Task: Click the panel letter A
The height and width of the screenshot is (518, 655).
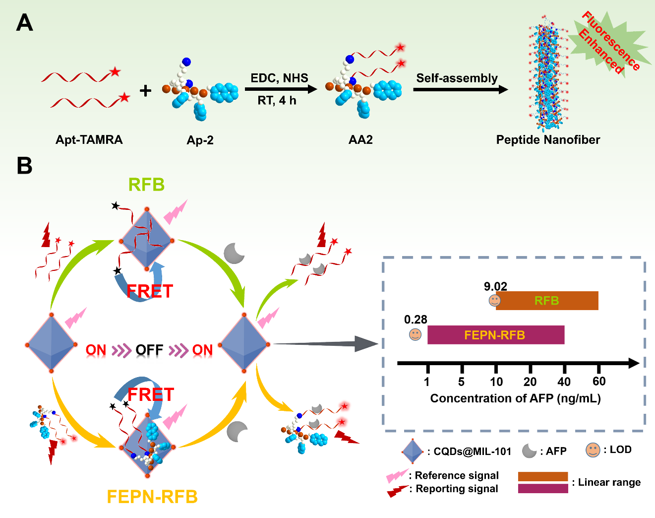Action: coord(24,23)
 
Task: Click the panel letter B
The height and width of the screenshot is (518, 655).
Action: coord(24,166)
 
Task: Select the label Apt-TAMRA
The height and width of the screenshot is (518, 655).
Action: coord(89,140)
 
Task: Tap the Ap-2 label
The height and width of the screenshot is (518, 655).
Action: coord(200,140)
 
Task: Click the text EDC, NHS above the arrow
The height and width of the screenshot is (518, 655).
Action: coord(279,78)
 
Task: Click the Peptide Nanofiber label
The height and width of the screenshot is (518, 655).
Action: coord(548,140)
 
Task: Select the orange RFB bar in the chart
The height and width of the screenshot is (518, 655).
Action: coord(547,301)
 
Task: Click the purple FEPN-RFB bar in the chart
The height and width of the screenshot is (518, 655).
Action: coord(495,335)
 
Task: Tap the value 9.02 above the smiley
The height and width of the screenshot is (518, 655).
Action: coord(495,286)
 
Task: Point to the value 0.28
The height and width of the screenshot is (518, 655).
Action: coord(416,320)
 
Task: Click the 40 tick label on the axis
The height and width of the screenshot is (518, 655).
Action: coord(564,382)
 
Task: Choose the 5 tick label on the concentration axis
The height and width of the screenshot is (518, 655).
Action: coord(461,382)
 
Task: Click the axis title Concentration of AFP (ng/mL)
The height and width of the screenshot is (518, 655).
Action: coord(515,398)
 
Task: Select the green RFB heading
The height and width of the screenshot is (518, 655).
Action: coord(146,185)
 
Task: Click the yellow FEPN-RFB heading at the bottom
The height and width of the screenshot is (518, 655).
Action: coord(152,497)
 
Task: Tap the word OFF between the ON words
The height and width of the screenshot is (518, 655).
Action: coord(149,350)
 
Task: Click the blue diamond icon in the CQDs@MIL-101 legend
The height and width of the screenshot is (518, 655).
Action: coord(413,451)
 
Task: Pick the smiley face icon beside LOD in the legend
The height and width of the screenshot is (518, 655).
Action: coord(593,450)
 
